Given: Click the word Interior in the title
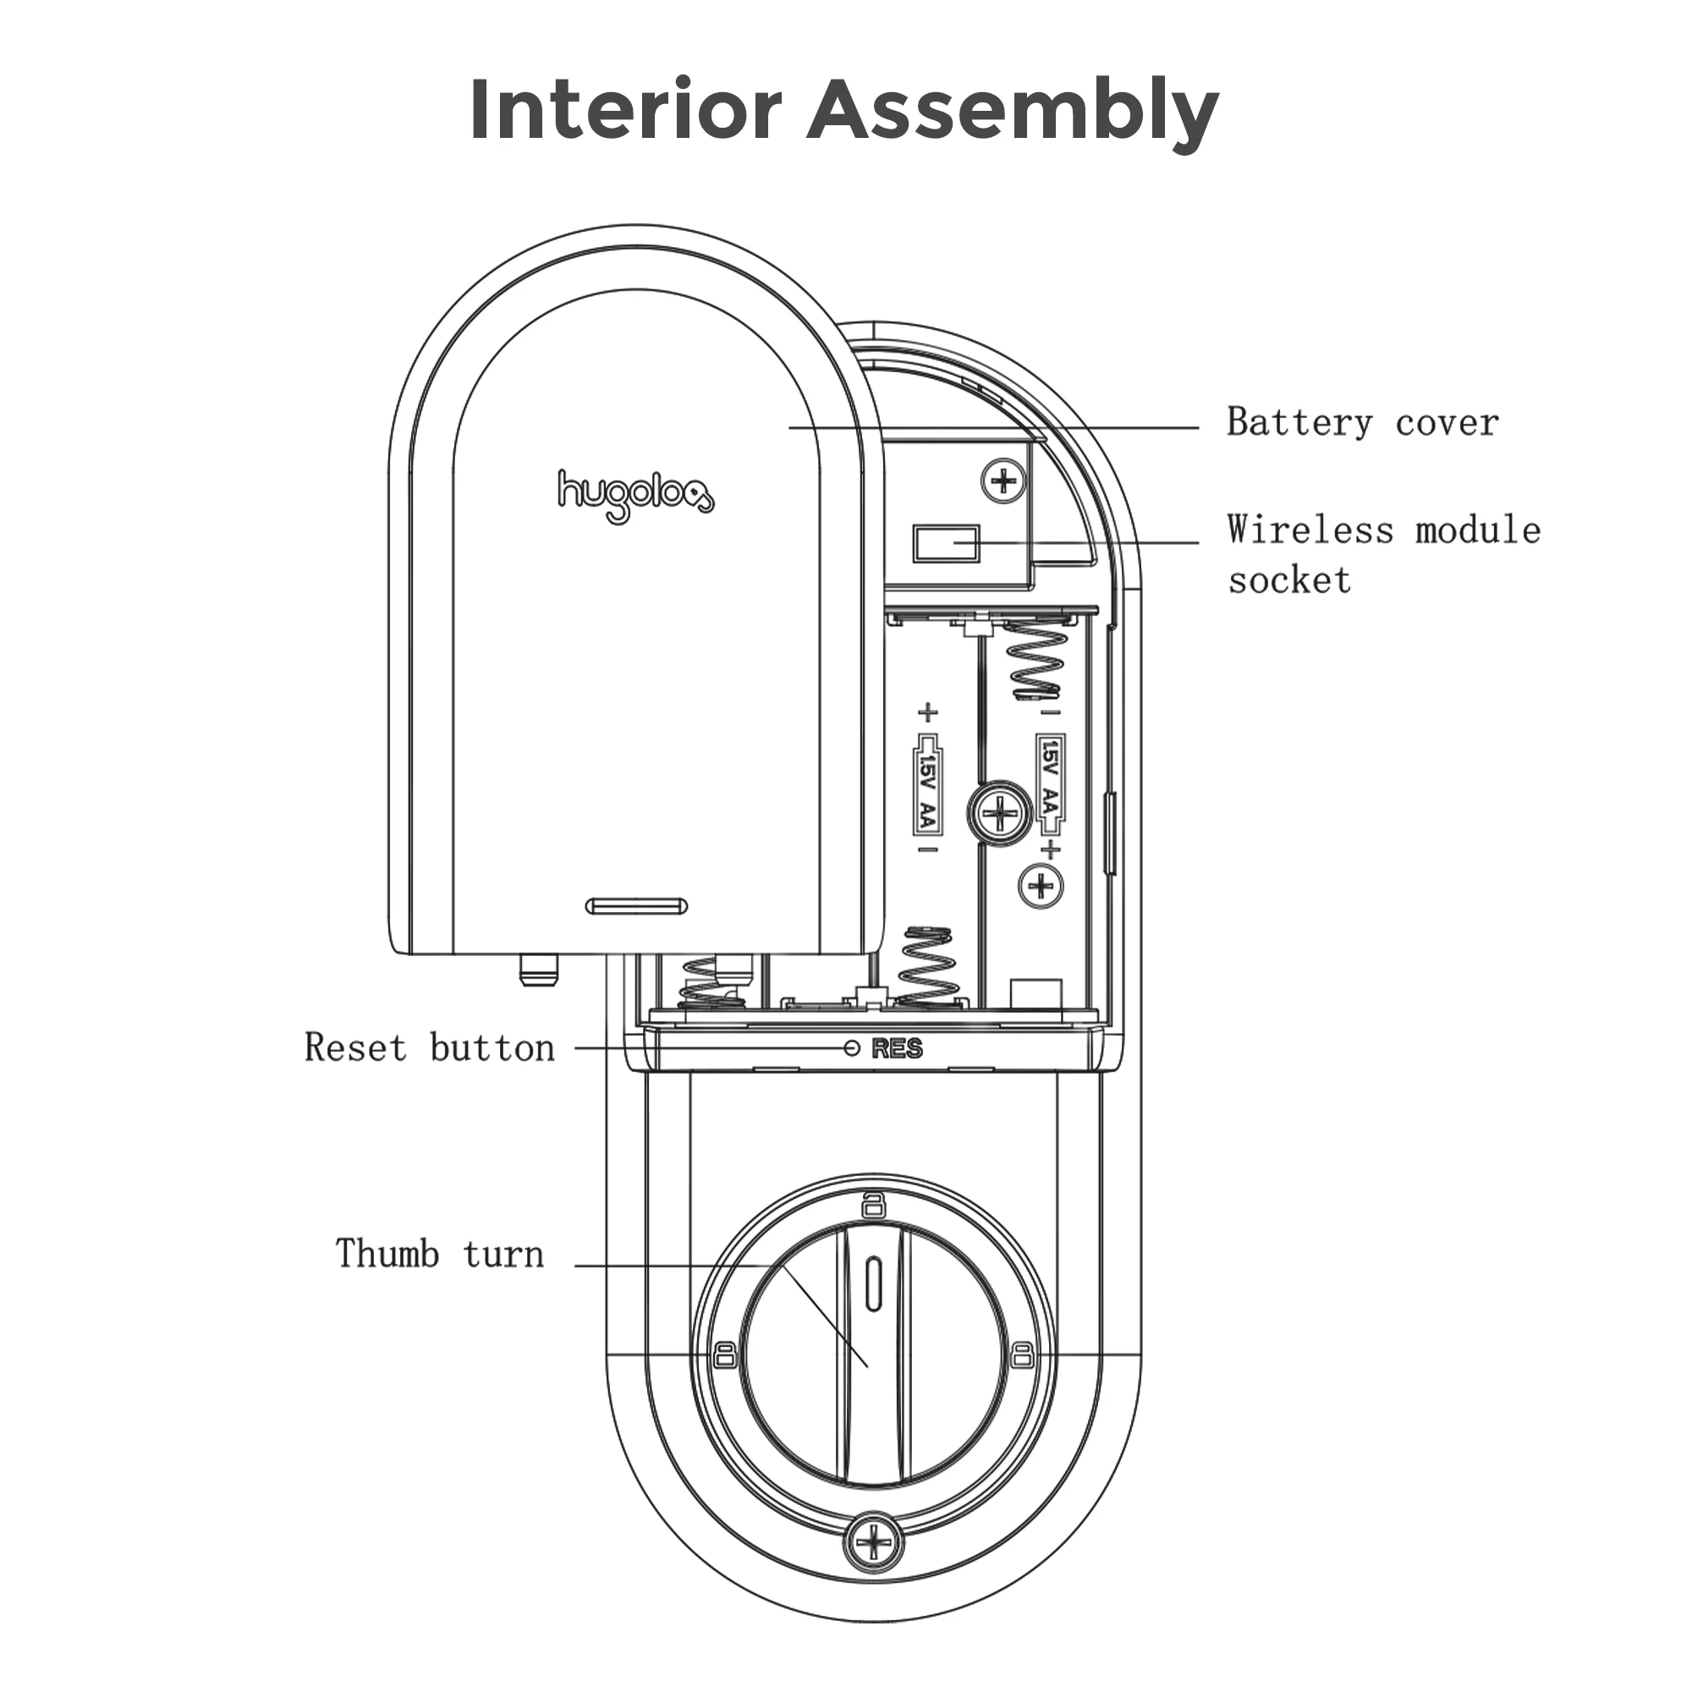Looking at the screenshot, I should click(624, 110).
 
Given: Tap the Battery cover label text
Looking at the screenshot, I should click(1362, 423).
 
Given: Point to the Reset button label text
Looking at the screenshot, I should click(429, 1048).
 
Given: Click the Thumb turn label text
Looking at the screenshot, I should click(440, 1254).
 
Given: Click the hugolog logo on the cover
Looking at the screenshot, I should click(636, 496).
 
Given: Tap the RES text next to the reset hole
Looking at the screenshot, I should click(897, 1048).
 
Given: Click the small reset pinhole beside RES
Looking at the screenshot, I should click(851, 1048).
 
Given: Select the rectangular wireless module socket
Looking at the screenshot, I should click(946, 544).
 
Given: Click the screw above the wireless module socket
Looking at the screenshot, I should click(1003, 480).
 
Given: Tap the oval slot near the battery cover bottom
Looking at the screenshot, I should click(636, 906).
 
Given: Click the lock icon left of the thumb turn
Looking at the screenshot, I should click(724, 1354).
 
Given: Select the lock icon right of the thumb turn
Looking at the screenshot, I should click(1021, 1354).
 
